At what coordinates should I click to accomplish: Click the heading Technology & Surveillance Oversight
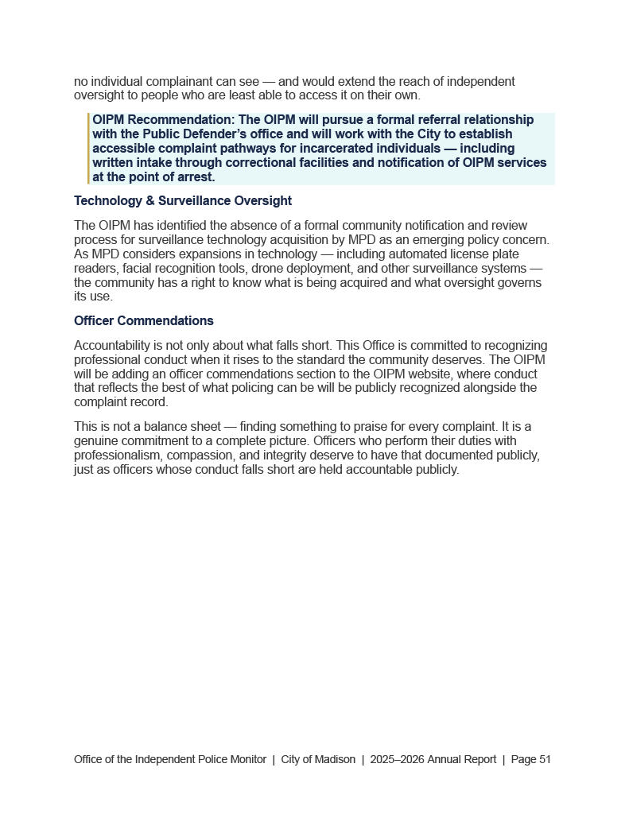[183, 201]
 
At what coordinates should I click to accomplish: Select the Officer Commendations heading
[144, 321]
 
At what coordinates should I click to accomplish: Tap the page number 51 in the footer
[545, 759]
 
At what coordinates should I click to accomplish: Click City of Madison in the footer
[318, 759]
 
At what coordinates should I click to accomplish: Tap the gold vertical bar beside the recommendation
[89, 149]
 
